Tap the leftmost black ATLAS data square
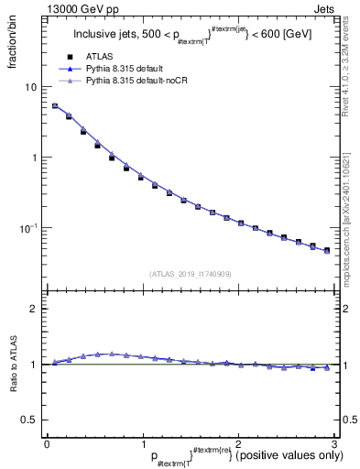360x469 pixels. (x=55, y=106)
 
